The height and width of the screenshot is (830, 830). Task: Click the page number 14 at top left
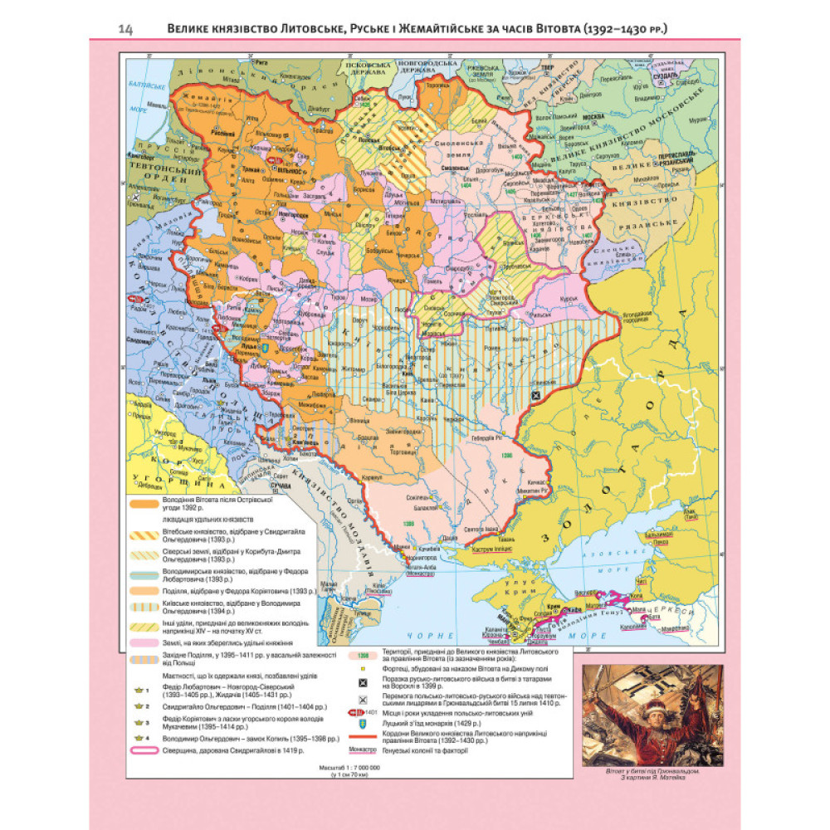coord(126,31)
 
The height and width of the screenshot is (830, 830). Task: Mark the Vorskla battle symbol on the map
coord(537,397)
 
